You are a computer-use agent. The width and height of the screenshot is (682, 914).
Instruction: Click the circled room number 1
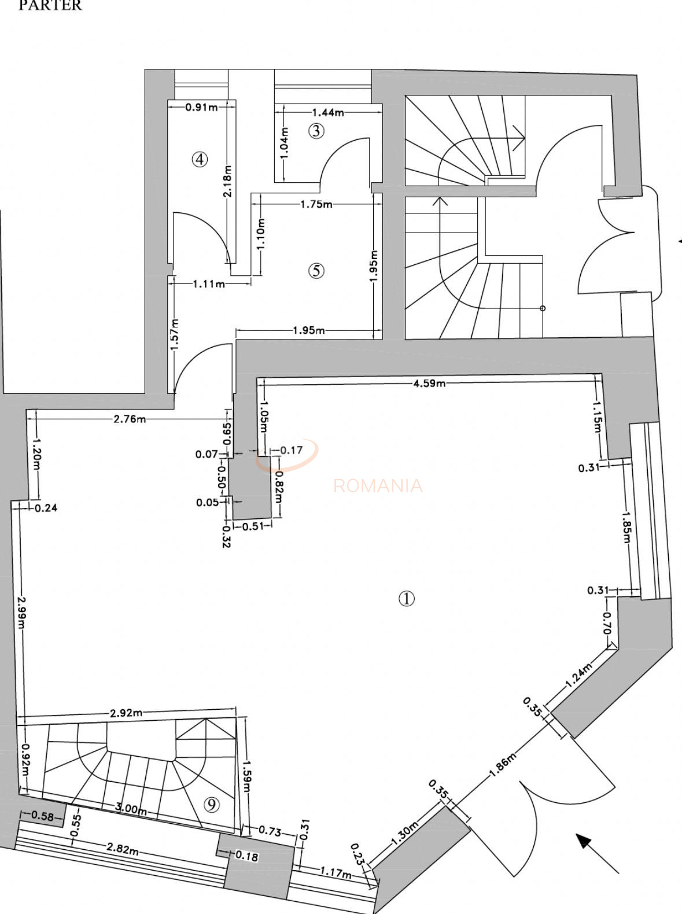(x=407, y=599)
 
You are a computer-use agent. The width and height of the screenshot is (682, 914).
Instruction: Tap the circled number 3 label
(x=315, y=131)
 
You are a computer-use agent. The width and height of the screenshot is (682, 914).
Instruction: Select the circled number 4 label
(x=200, y=159)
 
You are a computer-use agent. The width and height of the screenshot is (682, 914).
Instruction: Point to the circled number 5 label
(x=316, y=270)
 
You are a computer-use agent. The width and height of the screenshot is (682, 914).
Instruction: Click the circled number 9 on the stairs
(x=212, y=805)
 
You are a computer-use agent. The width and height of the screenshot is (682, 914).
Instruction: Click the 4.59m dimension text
(x=429, y=383)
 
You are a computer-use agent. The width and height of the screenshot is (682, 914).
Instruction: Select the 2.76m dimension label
(x=130, y=419)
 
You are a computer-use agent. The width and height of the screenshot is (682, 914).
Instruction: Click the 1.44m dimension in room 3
(x=328, y=112)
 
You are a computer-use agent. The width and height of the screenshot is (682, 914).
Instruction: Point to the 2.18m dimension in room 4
(x=227, y=181)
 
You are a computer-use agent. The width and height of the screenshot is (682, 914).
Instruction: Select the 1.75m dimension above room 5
(x=316, y=204)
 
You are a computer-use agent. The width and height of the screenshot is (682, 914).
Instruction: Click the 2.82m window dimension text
(x=122, y=849)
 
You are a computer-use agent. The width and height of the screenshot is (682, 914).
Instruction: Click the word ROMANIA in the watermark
(x=378, y=485)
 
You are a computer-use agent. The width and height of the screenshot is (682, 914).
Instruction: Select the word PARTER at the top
(x=50, y=6)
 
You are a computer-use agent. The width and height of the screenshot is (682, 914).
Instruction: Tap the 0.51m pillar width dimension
(x=252, y=526)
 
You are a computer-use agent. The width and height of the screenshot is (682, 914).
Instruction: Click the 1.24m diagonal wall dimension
(x=579, y=674)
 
